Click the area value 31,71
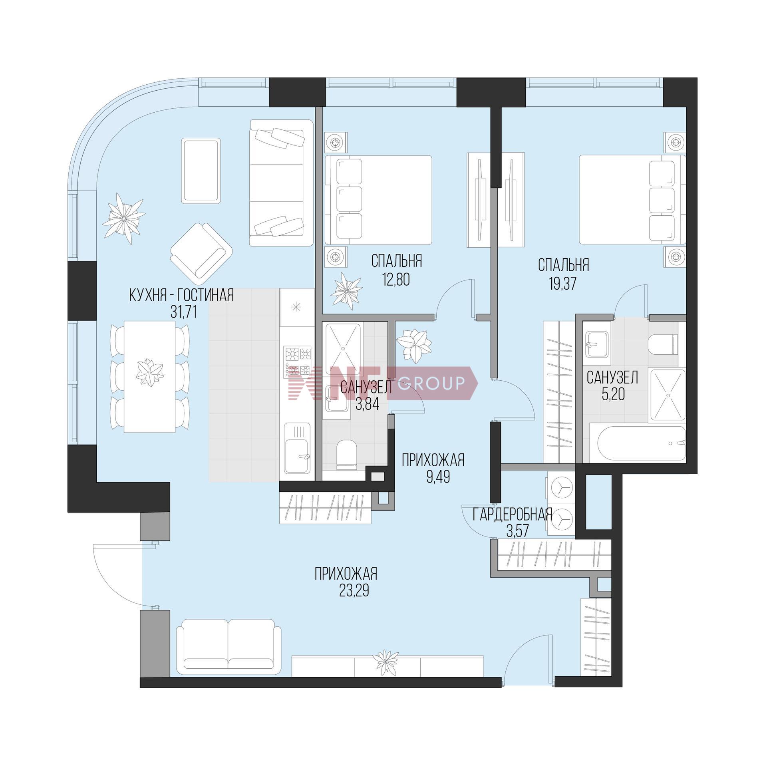(x=183, y=312)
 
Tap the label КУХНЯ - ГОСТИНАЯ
(x=181, y=296)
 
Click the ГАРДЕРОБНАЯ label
(x=513, y=515)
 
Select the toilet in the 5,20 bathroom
(x=663, y=344)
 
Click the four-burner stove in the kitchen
(x=297, y=362)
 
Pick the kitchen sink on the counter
(x=297, y=447)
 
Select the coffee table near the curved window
(x=201, y=170)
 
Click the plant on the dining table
(x=149, y=373)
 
